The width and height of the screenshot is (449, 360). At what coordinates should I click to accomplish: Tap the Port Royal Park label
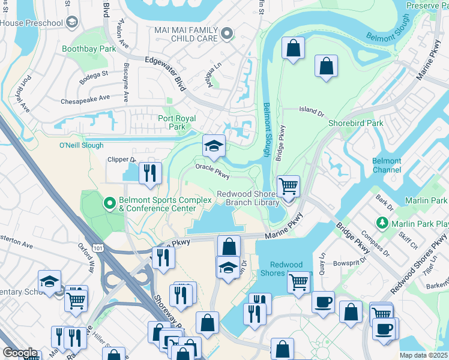(176, 122)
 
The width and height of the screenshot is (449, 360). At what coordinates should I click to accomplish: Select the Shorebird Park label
(355, 123)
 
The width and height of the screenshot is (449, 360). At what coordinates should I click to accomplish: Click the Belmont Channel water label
(387, 165)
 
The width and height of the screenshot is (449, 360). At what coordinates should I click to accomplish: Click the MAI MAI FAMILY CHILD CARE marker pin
(226, 34)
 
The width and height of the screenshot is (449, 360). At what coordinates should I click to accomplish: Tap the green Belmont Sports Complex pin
(110, 204)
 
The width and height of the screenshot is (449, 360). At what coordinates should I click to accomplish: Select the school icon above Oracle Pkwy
(213, 146)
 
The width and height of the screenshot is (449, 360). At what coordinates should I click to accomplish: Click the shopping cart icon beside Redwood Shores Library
(288, 187)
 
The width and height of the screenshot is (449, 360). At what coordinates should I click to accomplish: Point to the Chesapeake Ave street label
(85, 97)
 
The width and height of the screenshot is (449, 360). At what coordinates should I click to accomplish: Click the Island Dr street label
(312, 110)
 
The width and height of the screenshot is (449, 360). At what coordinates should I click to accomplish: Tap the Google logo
(20, 353)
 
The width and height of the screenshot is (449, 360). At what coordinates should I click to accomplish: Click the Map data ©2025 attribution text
(423, 355)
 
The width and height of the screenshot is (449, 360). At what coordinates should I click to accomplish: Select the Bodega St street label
(95, 74)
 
